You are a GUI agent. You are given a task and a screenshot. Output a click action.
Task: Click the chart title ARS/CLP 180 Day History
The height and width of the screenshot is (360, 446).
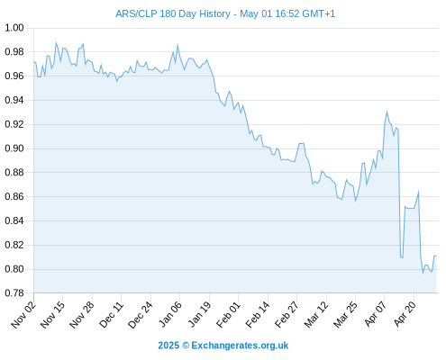[173, 13]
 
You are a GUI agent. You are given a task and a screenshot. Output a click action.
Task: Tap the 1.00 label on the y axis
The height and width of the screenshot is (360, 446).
[14, 28]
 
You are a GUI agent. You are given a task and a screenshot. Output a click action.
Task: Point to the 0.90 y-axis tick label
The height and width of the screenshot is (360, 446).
[14, 148]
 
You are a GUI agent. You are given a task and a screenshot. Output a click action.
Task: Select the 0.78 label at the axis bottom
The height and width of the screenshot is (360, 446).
[14, 293]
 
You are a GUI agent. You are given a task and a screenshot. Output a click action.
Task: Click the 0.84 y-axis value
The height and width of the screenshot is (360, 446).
[14, 220]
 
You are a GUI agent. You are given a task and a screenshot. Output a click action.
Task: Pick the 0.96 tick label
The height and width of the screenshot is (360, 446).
[14, 76]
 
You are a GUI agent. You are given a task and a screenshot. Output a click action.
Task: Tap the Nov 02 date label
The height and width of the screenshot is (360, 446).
[23, 314]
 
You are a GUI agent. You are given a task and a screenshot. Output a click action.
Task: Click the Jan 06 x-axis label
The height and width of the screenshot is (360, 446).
[170, 314]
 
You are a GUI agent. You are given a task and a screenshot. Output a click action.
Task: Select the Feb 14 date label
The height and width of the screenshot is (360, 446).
[258, 314]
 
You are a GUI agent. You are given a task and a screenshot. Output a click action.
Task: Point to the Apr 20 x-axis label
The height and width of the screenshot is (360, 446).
[405, 314]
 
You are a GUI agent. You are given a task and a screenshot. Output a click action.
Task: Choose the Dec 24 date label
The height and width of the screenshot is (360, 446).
[141, 314]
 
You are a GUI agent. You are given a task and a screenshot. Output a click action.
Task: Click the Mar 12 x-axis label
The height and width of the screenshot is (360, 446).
[316, 314]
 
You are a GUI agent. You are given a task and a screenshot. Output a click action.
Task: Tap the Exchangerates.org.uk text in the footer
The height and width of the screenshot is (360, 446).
[240, 346]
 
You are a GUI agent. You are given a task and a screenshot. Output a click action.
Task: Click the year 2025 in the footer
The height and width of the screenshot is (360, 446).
[168, 346]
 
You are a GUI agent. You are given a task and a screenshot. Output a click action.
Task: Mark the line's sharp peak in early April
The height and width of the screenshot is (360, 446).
[387, 112]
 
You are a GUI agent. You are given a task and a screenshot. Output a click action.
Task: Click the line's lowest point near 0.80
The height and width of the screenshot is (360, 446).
[423, 273]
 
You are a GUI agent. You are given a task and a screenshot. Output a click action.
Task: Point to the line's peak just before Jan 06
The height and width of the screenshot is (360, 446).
[177, 45]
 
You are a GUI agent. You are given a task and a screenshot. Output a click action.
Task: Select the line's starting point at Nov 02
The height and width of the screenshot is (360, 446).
[34, 62]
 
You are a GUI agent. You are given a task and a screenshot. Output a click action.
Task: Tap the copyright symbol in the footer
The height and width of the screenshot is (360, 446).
[186, 346]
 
